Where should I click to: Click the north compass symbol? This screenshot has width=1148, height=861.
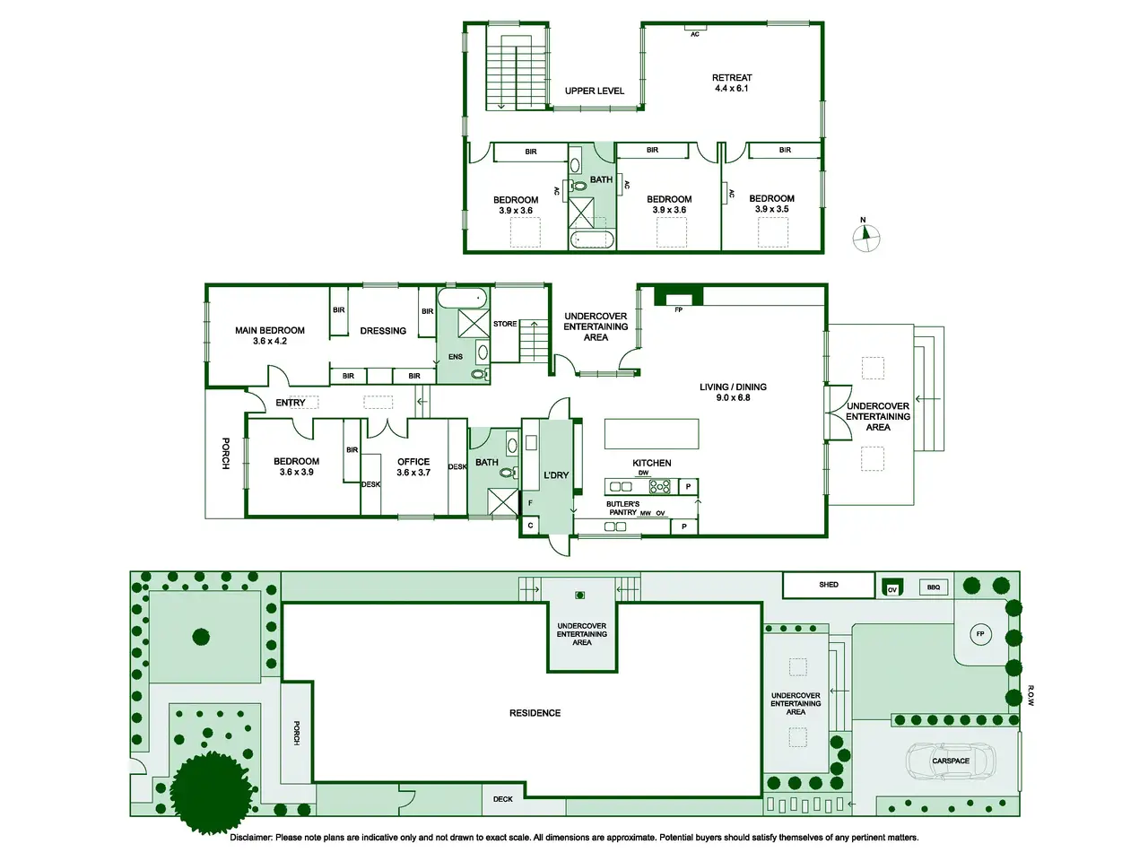click(x=865, y=237)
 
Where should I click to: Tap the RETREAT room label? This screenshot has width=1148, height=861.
click(x=731, y=77)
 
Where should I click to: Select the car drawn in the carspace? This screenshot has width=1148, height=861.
click(x=951, y=761)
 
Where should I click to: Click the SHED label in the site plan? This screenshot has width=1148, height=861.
click(x=829, y=585)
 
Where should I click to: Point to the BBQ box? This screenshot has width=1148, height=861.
click(x=934, y=587)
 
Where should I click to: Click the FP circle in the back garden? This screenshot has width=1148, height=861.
click(x=980, y=634)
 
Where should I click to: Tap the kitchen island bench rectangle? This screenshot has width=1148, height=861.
click(x=651, y=433)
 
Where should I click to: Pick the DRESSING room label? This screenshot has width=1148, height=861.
click(x=383, y=331)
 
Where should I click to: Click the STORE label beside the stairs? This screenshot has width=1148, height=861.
click(x=505, y=324)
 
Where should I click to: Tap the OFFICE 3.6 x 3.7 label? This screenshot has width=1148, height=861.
click(x=413, y=467)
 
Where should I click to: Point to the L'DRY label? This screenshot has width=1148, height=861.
click(x=556, y=475)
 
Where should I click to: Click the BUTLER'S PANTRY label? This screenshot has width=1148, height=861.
click(x=622, y=509)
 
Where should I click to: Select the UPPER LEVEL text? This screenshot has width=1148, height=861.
click(x=594, y=91)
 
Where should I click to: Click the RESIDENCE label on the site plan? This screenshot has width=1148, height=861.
click(x=535, y=713)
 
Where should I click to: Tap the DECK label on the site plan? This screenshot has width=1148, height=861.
click(x=502, y=799)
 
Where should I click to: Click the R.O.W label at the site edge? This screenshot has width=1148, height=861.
click(x=1031, y=695)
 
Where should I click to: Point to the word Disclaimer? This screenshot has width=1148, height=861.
click(x=251, y=838)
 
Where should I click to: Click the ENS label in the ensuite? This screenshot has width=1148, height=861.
click(x=456, y=357)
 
